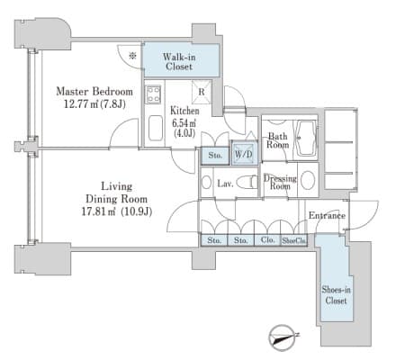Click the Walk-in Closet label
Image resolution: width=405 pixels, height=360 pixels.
tap(179, 61)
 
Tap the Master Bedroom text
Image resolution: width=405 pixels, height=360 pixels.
tap(94, 92)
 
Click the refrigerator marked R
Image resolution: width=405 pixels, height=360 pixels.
tap(202, 91)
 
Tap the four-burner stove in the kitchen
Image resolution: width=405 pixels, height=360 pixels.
tap(153, 94)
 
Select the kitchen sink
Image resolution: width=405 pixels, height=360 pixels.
tap(156, 128)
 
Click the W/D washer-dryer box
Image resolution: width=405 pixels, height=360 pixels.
tap(244, 154)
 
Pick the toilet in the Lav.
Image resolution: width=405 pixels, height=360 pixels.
tap(247, 182)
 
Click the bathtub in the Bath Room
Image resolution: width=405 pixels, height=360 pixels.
tap(306, 138)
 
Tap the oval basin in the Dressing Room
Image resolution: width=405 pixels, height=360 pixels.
tap(308, 180)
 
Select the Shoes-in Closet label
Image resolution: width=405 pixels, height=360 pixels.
tap(336, 295)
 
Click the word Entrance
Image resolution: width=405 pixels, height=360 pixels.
tap(327, 215)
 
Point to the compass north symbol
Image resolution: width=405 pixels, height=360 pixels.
tap(283, 337)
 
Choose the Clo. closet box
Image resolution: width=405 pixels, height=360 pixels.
tap(267, 240)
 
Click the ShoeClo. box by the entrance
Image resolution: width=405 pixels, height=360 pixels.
tap(294, 240)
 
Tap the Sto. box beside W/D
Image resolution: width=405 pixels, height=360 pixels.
tap(215, 156)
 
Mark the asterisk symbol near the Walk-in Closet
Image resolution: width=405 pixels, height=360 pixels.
tap(132, 55)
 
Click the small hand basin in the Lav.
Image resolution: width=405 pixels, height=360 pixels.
tap(206, 182)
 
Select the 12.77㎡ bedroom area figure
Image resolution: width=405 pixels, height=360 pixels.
tap(94, 104)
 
